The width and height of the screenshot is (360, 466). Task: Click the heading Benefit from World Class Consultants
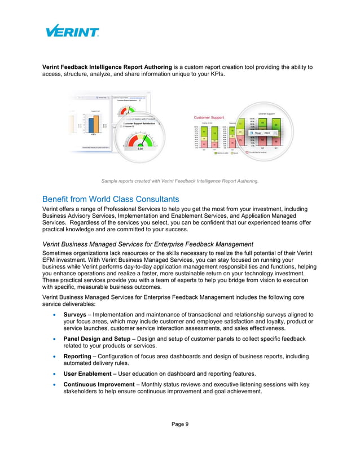(111, 199)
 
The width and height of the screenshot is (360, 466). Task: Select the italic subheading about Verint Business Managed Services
(148, 244)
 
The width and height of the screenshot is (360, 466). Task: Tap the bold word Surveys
(75, 314)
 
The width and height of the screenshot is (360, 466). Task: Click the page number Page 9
(180, 424)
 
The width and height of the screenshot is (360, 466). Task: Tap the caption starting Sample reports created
(179, 181)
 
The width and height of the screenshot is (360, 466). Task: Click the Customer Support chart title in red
(210, 117)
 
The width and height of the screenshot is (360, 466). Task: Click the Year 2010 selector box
(260, 133)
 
